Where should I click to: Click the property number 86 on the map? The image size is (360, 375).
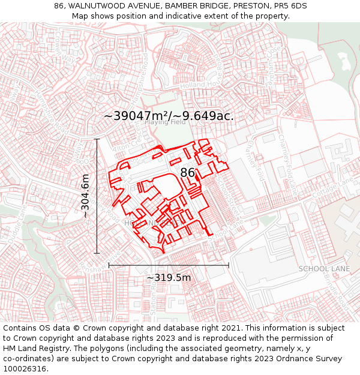click(x=187, y=173)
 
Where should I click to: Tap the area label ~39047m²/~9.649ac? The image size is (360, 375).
click(x=169, y=116)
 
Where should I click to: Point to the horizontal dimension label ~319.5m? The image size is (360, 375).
click(x=169, y=278)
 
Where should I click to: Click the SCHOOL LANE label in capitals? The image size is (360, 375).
click(x=324, y=269)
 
